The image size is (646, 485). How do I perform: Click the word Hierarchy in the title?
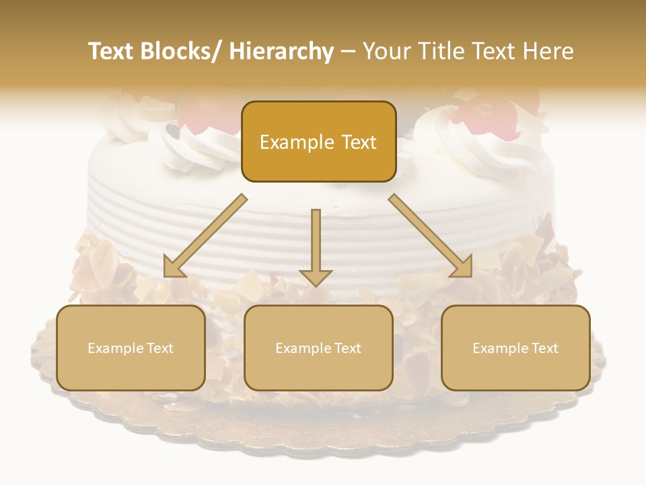click(x=281, y=52)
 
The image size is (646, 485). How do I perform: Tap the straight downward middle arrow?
click(x=316, y=239)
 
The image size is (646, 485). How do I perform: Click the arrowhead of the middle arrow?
click(x=316, y=277)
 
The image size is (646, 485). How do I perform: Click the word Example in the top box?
click(x=297, y=142)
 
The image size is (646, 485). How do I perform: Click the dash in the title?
click(x=348, y=52)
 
